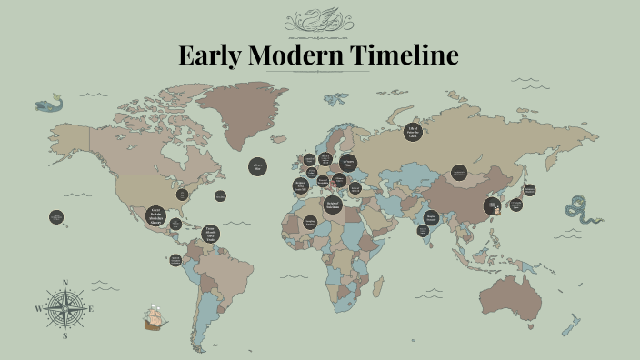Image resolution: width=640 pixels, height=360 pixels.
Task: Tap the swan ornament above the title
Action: (319, 20)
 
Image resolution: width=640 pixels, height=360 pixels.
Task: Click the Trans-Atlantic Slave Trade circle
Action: (210, 234)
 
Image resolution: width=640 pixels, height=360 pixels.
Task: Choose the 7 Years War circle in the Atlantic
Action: (257, 166)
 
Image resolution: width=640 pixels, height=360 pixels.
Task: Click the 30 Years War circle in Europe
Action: (348, 164)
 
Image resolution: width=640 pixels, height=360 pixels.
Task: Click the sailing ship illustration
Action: (155, 317)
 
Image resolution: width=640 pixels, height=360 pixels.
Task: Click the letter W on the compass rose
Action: (38, 309)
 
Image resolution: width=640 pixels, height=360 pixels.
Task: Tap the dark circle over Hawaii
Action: (56, 217)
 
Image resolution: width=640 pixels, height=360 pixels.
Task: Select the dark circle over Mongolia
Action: (459, 172)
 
